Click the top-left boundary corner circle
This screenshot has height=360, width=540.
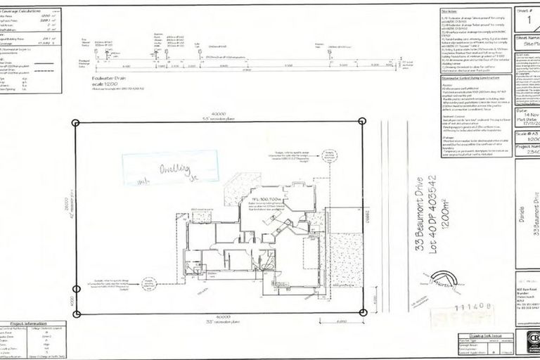tap(76, 122)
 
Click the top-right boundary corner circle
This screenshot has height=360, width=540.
tap(362, 122)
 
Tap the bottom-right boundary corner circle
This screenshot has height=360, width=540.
tap(362, 314)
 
